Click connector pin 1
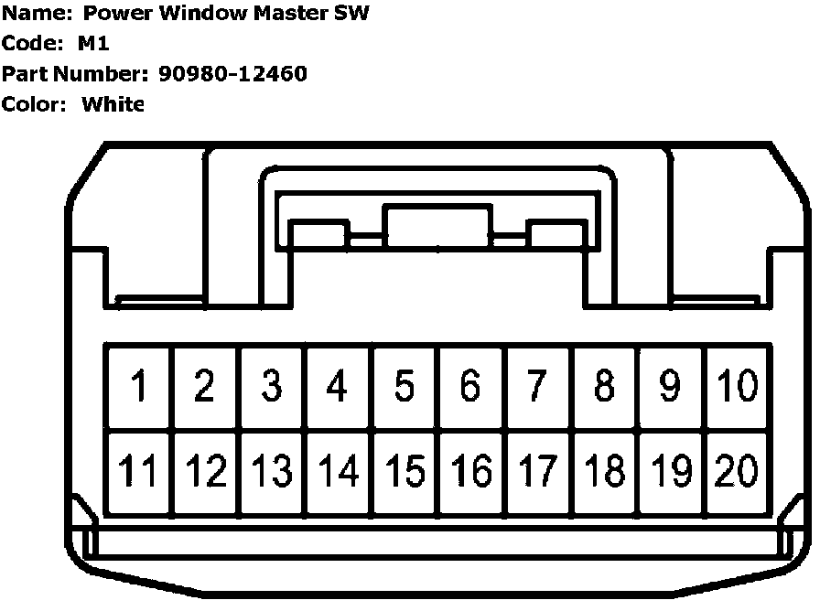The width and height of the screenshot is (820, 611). tap(139, 386)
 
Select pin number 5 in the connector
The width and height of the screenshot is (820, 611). tap(405, 386)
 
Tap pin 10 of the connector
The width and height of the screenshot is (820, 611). tap(736, 386)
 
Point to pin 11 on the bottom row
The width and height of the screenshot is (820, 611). tap(139, 471)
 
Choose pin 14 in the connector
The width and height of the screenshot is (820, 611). tap(338, 471)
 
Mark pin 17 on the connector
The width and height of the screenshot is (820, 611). tap(537, 471)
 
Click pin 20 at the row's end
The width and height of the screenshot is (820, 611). tap(736, 471)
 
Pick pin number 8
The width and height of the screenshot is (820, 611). tap(604, 386)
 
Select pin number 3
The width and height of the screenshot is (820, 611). tap(271, 386)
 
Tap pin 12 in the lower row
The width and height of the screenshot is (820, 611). tap(205, 471)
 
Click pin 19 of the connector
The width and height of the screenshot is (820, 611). tap(670, 471)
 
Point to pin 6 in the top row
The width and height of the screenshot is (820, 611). tap(470, 386)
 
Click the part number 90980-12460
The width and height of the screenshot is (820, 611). tap(232, 74)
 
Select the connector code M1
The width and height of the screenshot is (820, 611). tap(94, 44)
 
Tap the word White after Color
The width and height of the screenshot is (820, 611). tap(113, 104)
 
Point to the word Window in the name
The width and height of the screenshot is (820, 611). tap(213, 14)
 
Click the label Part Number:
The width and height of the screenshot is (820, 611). tap(73, 74)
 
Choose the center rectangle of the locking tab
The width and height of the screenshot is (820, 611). tap(437, 227)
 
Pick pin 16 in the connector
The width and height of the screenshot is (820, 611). tap(470, 471)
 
